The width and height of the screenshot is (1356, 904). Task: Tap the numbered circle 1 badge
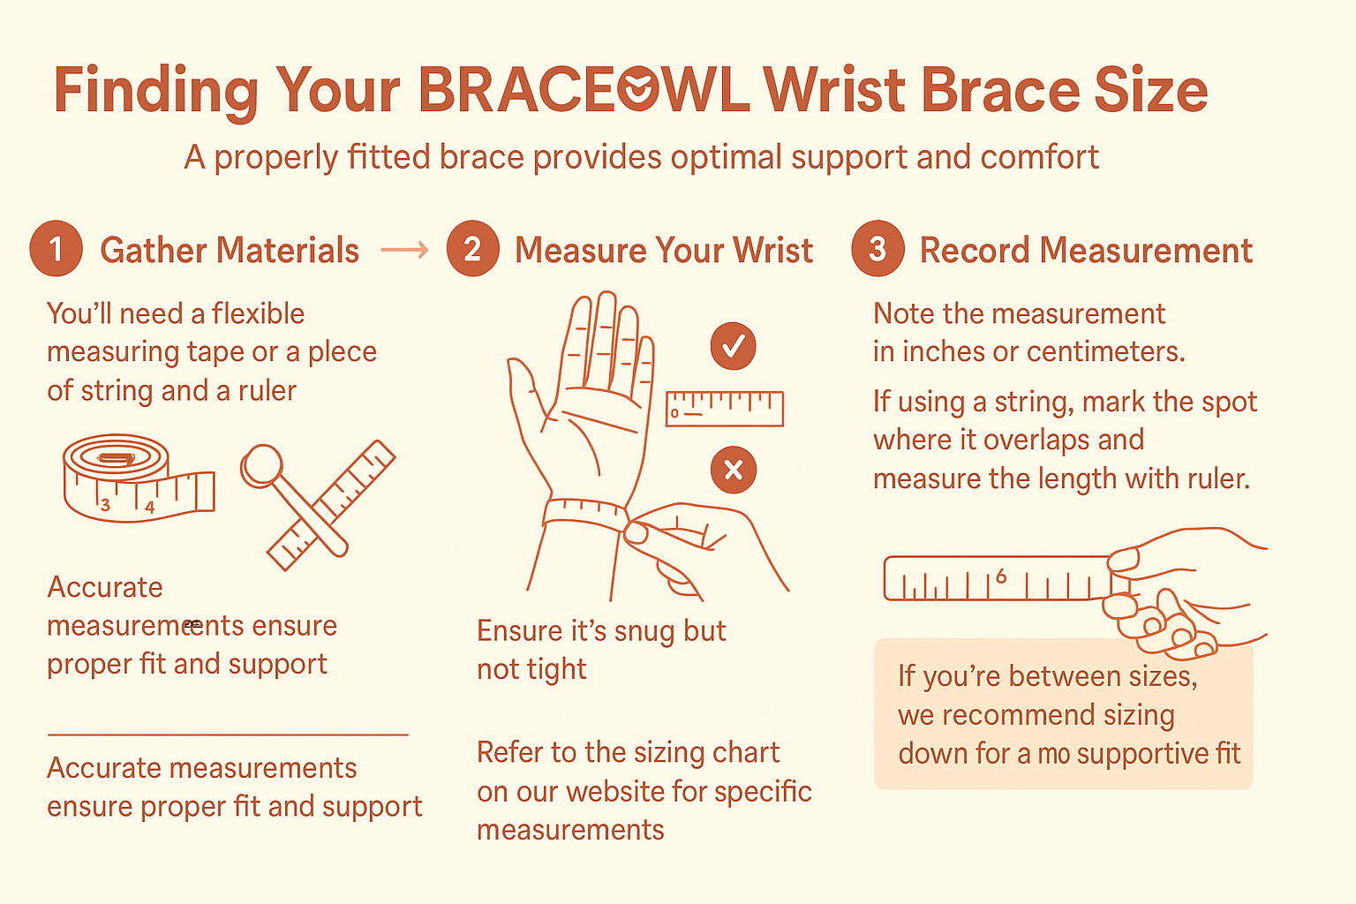click(x=56, y=249)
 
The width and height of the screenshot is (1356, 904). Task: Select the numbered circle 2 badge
click(x=472, y=249)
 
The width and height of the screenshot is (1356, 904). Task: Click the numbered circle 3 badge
click(x=877, y=249)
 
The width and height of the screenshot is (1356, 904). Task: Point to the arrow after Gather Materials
click(x=404, y=251)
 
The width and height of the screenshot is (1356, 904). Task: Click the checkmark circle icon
click(x=733, y=346)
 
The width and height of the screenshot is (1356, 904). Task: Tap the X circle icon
click(x=733, y=469)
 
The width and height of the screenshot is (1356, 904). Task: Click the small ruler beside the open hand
click(x=725, y=409)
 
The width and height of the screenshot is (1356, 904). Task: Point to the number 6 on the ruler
click(x=1000, y=576)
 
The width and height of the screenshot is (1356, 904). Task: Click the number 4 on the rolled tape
click(x=149, y=508)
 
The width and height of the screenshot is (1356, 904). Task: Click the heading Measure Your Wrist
click(x=663, y=251)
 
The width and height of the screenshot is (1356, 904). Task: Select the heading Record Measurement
click(x=1086, y=251)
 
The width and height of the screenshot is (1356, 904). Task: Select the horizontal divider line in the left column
click(x=228, y=734)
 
